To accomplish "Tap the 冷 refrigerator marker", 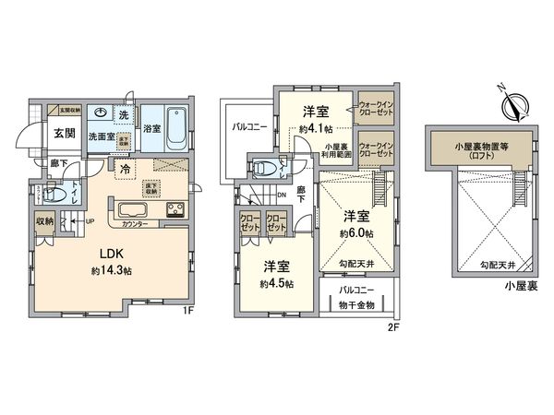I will click(125, 169).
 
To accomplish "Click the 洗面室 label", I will click(101, 136).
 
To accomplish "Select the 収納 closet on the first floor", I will click(45, 222).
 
